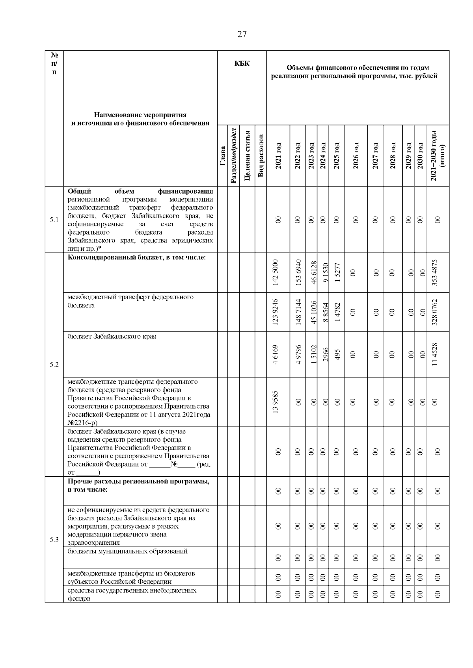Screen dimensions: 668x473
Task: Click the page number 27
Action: pyautogui.click(x=242, y=34)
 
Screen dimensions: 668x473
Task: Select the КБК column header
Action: pyautogui.click(x=242, y=63)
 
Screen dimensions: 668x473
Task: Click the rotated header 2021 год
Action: pyautogui.click(x=278, y=156)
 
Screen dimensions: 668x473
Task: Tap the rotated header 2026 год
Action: pyautogui.click(x=356, y=156)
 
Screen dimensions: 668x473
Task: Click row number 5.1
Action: pyautogui.click(x=54, y=220)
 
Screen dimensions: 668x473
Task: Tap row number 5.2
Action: pyautogui.click(x=54, y=365)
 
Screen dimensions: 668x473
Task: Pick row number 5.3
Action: pyautogui.click(x=54, y=539)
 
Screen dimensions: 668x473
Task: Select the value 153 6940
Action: pyautogui.click(x=298, y=272)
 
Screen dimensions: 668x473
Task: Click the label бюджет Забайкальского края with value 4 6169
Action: pyautogui.click(x=112, y=337)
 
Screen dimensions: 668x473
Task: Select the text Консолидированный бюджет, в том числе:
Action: pyautogui.click(x=137, y=258)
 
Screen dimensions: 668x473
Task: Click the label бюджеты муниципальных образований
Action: pyautogui.click(x=127, y=551)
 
